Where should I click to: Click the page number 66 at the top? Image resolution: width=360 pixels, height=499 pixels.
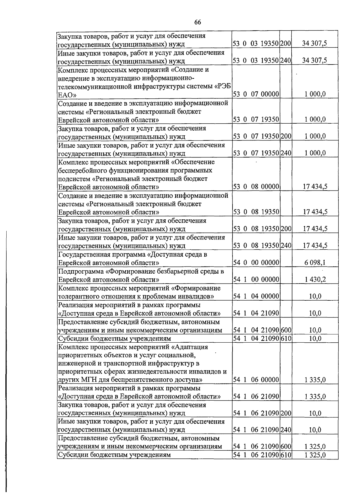[197, 22]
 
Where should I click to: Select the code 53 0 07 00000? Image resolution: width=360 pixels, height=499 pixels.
[256, 94]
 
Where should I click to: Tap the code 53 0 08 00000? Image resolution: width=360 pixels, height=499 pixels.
[256, 187]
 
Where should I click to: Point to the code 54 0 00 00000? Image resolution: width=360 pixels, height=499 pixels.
[256, 263]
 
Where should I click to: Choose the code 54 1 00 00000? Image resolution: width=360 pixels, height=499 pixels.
[256, 280]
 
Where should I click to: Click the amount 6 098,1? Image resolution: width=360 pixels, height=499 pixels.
[315, 263]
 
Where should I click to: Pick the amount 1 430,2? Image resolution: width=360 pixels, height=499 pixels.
[315, 280]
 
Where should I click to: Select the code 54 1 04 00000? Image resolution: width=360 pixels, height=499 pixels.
[256, 296]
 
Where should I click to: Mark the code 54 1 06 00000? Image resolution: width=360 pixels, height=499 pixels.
[256, 380]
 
